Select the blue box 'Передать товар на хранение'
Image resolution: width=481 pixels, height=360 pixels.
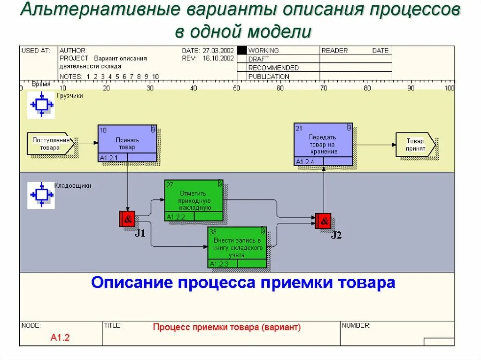click(323, 144)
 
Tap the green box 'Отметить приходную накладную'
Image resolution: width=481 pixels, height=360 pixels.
click(194, 200)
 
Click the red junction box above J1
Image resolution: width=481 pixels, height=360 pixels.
click(127, 219)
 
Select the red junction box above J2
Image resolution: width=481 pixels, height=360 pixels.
click(323, 221)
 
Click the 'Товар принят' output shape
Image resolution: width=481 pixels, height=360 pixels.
click(415, 145)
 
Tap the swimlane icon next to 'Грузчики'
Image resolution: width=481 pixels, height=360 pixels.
click(41, 105)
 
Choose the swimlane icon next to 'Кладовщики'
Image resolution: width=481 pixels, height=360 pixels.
click(41, 194)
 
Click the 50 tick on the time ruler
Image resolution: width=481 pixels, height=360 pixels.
click(236, 88)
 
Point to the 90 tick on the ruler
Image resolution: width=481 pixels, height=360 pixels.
click(411, 88)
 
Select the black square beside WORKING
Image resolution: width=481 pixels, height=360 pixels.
click(242, 50)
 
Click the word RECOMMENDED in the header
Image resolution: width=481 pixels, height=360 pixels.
click(273, 68)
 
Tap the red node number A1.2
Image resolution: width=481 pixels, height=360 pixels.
click(60, 337)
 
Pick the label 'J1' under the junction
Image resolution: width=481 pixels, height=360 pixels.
click(140, 233)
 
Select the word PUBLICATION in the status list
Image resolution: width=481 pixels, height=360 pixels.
click(269, 76)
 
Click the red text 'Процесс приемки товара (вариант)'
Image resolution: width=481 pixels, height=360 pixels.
click(226, 327)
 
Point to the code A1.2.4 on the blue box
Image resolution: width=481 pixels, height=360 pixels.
click(305, 162)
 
